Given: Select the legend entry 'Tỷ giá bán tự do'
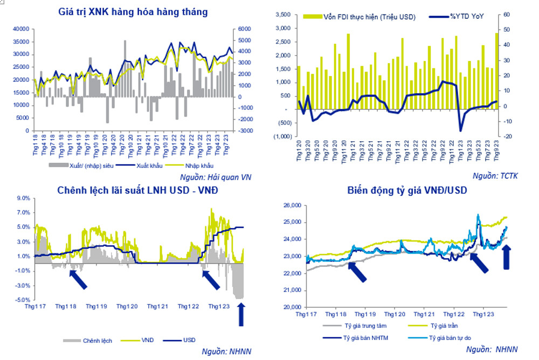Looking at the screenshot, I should click(453, 338).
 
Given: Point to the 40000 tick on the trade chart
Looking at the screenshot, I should click(22, 29).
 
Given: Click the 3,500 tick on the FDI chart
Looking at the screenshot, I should click(282, 15).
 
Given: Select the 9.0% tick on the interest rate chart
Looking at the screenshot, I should click(24, 198).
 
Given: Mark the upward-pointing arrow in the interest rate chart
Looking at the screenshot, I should click(241, 315).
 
